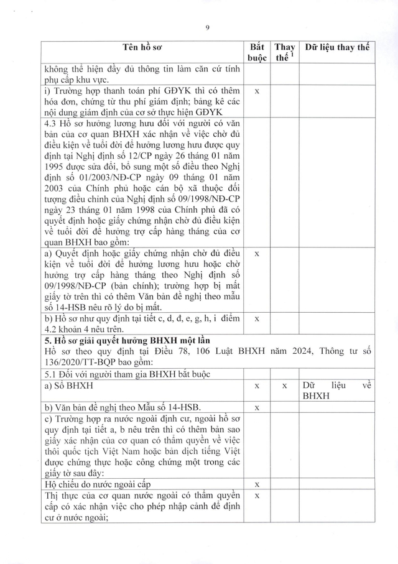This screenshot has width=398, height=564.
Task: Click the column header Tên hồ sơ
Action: [143, 48]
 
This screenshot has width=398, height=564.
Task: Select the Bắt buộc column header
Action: [257, 53]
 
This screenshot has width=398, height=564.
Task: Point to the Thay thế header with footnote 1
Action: [284, 53]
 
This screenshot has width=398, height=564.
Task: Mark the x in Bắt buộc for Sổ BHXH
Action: [257, 386]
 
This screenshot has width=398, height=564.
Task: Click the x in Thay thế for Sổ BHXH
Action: [284, 386]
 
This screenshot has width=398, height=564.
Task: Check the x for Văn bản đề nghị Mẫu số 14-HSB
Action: [257, 407]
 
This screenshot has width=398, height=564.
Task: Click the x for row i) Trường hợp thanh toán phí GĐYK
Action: [257, 91]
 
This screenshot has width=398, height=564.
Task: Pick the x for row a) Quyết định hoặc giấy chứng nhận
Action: [257, 254]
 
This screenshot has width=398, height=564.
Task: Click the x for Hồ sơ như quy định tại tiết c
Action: [257, 318]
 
